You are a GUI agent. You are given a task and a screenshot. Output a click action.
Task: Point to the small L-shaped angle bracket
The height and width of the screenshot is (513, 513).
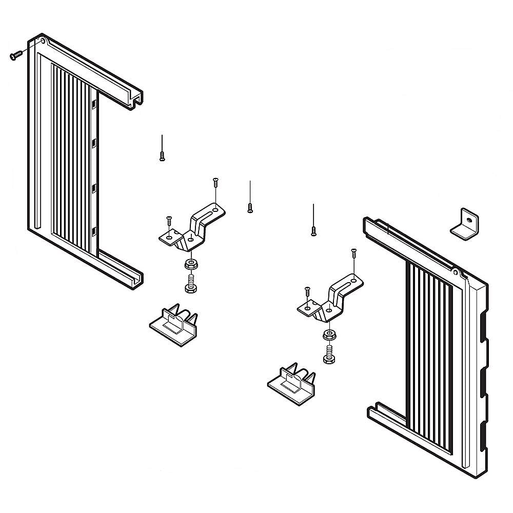pyautogui.click(x=465, y=225)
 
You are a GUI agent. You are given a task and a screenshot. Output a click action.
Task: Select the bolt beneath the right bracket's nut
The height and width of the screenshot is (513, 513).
pyautogui.click(x=329, y=354)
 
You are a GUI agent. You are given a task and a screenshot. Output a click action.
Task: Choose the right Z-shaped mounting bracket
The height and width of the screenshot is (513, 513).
pyautogui.click(x=331, y=300)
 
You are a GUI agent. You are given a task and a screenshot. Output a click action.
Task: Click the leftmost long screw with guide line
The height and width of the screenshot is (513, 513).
pyautogui.click(x=162, y=155)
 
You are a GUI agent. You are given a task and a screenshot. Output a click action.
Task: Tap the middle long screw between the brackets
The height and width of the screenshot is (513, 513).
pyautogui.click(x=250, y=207)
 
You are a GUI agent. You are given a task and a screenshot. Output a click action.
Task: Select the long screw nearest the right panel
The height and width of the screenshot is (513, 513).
pyautogui.click(x=313, y=230)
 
